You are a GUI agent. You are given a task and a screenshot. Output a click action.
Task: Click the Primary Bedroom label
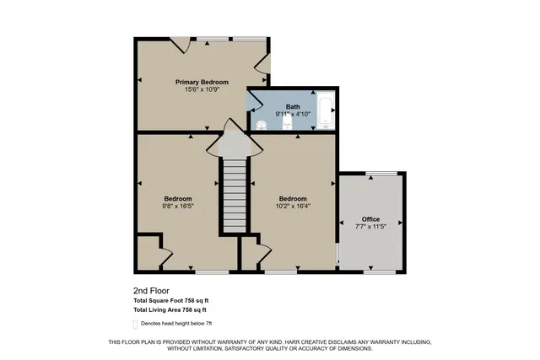pyautogui.click(x=202, y=82)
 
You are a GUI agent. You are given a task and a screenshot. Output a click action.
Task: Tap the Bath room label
pyautogui.click(x=293, y=107)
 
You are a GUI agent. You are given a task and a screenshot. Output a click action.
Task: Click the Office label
pyautogui.click(x=371, y=218)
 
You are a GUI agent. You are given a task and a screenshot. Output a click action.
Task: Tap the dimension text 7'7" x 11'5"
pyautogui.click(x=371, y=226)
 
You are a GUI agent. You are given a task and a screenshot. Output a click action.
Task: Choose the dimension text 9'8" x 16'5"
pyautogui.click(x=178, y=206)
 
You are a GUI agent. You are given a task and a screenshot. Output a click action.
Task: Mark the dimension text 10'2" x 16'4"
pyautogui.click(x=293, y=206)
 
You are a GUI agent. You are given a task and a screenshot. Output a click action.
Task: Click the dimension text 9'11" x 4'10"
pyautogui.click(x=293, y=115)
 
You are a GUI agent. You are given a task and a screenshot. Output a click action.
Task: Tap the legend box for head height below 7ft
pyautogui.click(x=135, y=323)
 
